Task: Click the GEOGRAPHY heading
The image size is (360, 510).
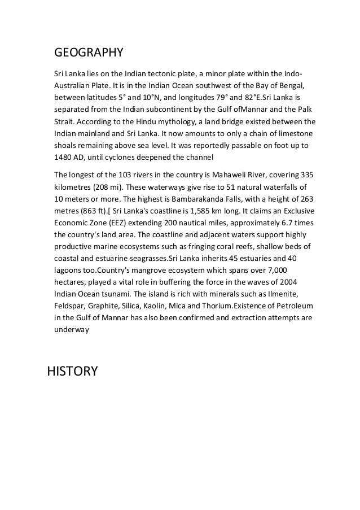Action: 88,54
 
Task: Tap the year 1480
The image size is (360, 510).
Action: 64,157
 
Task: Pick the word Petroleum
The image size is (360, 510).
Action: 290,306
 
